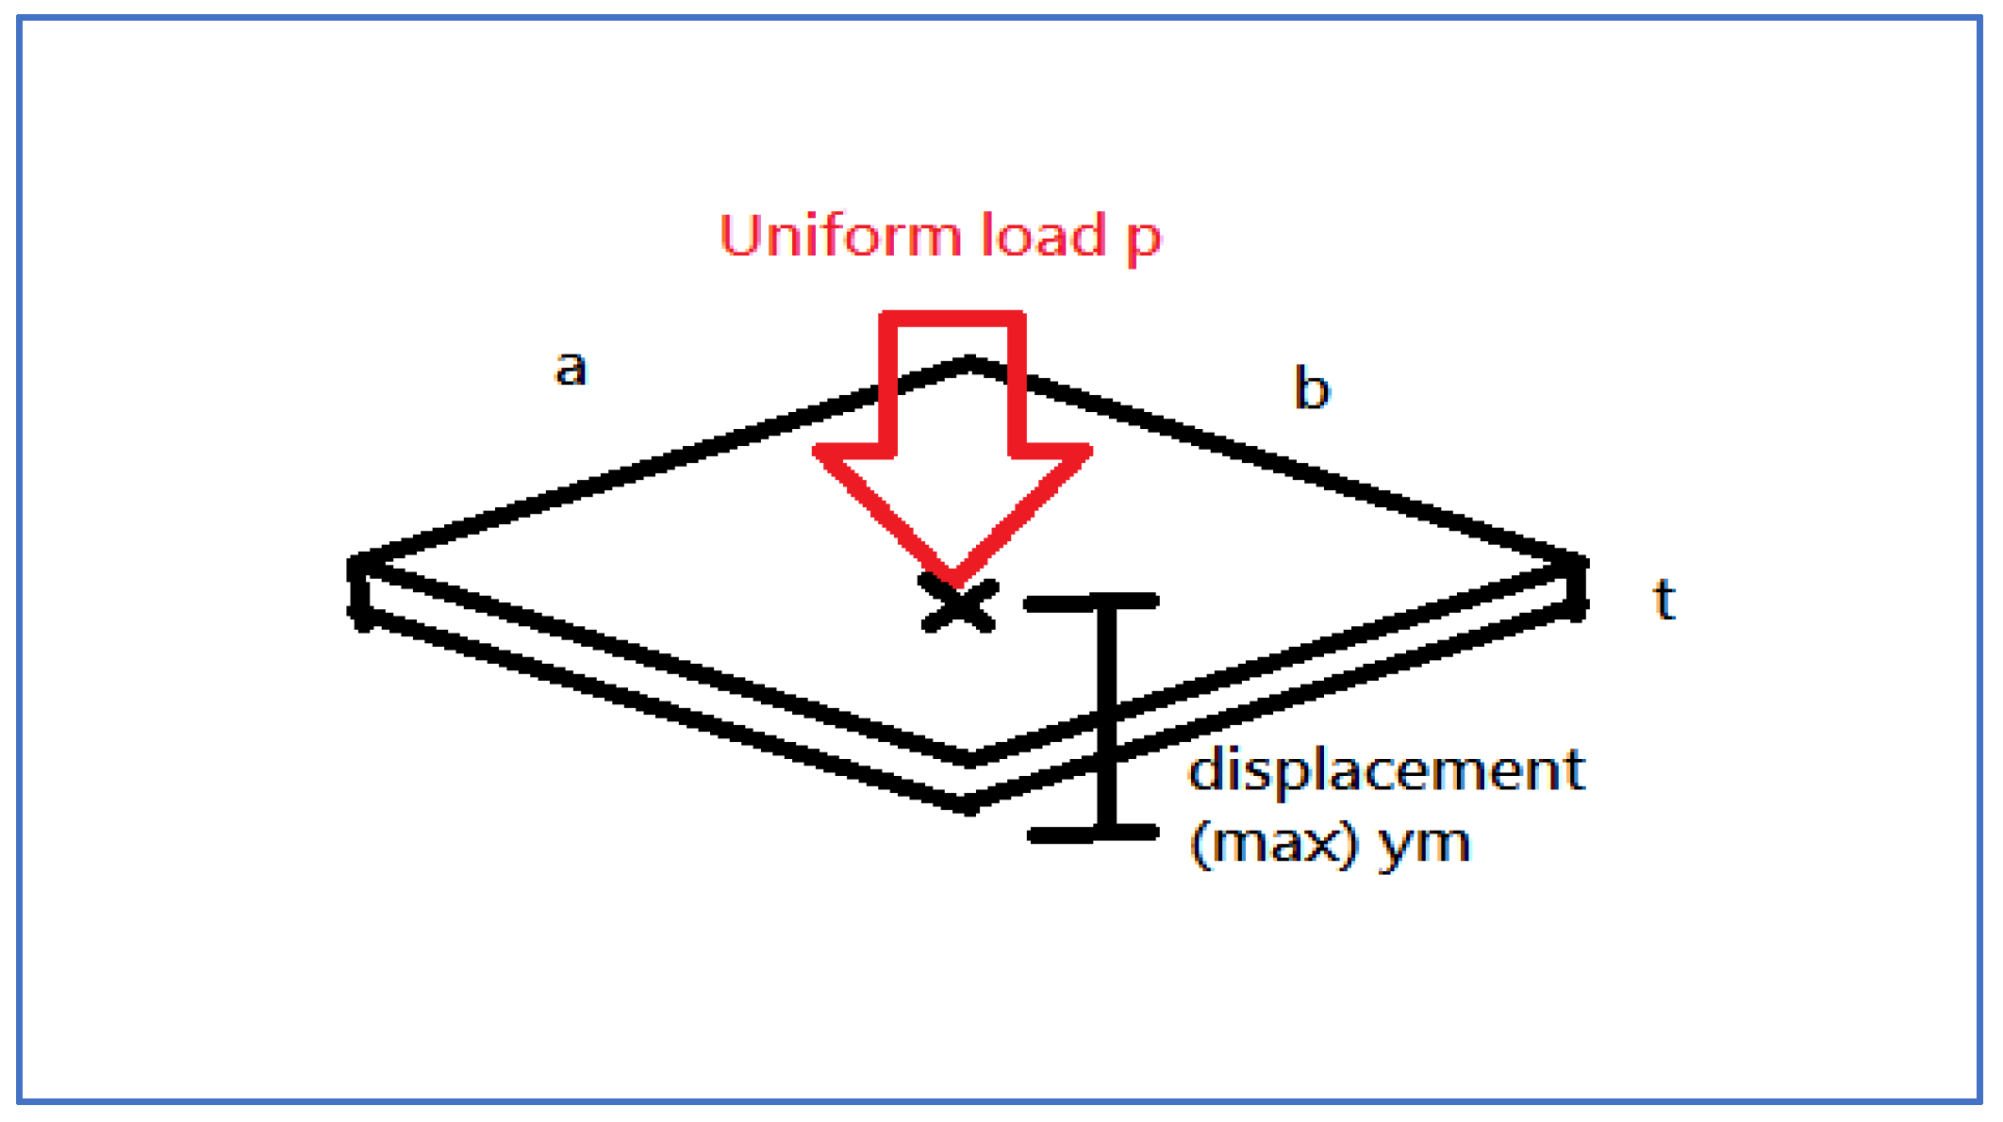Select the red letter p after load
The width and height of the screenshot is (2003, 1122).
click(x=1143, y=240)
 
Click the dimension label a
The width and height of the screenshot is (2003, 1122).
click(x=570, y=368)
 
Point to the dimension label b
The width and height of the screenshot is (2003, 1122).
click(x=1312, y=388)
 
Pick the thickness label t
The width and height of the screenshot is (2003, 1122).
click(x=1664, y=600)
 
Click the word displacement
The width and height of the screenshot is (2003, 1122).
click(x=1386, y=771)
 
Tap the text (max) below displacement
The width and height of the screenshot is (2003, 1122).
click(x=1273, y=843)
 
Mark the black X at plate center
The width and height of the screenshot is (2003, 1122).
click(x=958, y=604)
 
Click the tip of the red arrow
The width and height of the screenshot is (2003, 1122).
click(x=953, y=578)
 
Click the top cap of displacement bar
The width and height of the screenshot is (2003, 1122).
click(x=1091, y=602)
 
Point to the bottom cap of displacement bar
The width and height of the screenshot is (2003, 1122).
click(x=1093, y=833)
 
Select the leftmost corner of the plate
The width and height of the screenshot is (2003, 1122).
click(x=356, y=566)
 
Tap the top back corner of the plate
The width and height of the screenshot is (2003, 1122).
click(x=970, y=363)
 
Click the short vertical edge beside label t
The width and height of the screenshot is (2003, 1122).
click(x=1577, y=589)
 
